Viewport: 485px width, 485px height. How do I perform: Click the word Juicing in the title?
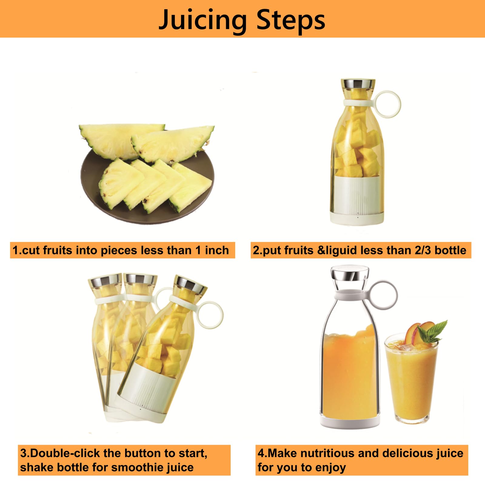point(203,21)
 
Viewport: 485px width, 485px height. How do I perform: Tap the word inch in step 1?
point(217,250)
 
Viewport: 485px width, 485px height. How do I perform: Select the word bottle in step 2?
point(450,250)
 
